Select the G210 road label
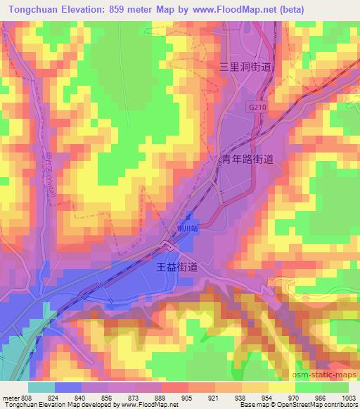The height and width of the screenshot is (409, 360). (257, 105)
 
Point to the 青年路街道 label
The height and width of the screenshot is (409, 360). (247, 160)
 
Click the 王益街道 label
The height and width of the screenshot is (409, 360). (186, 268)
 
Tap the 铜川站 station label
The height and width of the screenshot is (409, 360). (186, 228)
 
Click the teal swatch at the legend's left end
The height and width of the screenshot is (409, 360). (41, 387)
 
